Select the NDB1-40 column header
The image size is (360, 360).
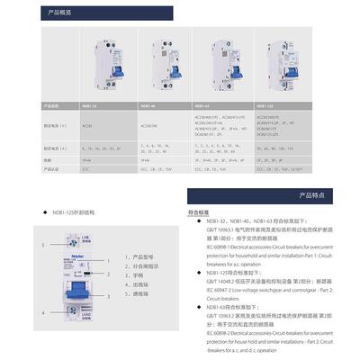pyautogui.click(x=149, y=105)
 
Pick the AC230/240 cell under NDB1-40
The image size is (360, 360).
pyautogui.click(x=149, y=126)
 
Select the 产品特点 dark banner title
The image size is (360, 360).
pyautogui.click(x=310, y=193)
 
